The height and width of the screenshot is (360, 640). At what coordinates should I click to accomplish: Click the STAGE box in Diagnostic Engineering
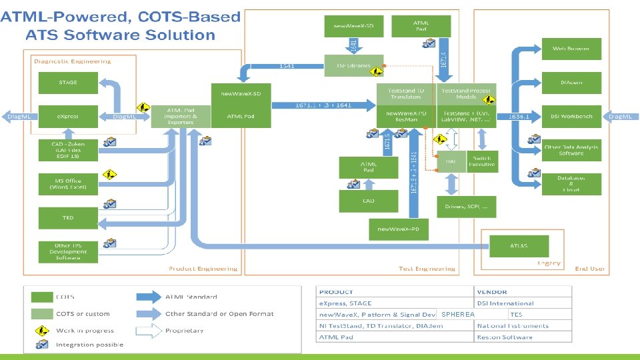pyautogui.click(x=68, y=83)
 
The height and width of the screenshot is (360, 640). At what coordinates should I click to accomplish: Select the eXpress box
pyautogui.click(x=68, y=116)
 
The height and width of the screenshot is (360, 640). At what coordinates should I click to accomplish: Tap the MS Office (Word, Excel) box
pyautogui.click(x=68, y=183)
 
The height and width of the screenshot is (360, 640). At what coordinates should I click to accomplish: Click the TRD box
pyautogui.click(x=68, y=217)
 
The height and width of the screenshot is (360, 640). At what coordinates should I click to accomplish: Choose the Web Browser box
pyautogui.click(x=571, y=49)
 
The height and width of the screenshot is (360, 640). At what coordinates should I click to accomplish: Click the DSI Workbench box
pyautogui.click(x=571, y=116)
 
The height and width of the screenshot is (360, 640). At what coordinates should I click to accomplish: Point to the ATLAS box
pyautogui.click(x=519, y=245)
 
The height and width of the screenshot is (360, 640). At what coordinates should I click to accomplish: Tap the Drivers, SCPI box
pyautogui.click(x=467, y=206)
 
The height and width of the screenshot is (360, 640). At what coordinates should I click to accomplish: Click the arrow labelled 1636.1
pyautogui.click(x=519, y=116)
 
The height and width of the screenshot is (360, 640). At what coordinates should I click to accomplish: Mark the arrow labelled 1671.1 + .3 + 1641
pyautogui.click(x=325, y=105)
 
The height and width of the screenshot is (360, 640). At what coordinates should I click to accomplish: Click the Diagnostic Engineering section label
pyautogui.click(x=73, y=61)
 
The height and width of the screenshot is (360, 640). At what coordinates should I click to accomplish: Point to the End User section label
pyautogui.click(x=590, y=269)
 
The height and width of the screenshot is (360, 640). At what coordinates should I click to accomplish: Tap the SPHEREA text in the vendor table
pyautogui.click(x=458, y=314)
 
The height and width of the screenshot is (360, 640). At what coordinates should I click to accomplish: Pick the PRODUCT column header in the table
pyautogui.click(x=337, y=292)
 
